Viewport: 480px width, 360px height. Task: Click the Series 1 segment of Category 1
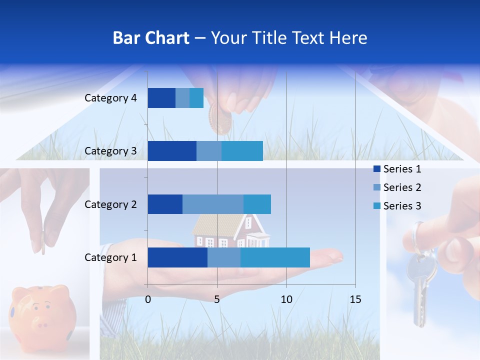177,257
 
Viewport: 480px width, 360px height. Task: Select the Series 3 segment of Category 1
275,257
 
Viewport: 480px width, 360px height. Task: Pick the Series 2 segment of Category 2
213,204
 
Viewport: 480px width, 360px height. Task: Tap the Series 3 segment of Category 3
242,151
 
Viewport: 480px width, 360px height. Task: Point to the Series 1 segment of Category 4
161,98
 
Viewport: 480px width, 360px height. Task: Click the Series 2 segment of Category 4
182,98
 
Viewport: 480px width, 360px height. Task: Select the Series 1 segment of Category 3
172,151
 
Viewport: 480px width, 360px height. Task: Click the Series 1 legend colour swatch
376,169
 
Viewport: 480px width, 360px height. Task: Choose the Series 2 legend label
402,187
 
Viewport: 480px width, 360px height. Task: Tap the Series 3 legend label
402,206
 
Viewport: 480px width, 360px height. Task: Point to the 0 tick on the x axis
148,299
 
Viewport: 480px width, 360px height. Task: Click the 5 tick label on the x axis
217,299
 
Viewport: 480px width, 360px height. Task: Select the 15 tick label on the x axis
355,299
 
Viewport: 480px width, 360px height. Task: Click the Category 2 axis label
110,204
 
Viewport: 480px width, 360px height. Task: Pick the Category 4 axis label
110,98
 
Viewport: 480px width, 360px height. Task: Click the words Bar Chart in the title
151,38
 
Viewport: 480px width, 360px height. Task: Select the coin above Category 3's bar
220,120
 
